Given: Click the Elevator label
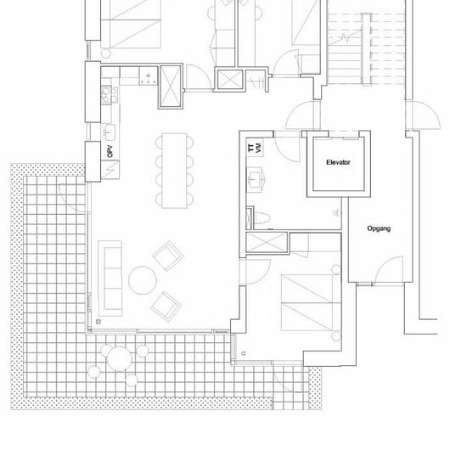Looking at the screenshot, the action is (338, 163).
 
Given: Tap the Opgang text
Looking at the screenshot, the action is (379, 228).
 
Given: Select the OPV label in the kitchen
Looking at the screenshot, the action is (110, 151).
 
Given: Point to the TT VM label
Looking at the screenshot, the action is (255, 148).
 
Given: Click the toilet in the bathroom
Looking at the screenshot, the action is (262, 217).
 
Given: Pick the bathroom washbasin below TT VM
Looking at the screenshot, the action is (254, 180).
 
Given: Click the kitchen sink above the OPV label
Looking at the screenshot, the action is (110, 132).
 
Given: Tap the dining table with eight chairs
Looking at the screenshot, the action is (175, 171).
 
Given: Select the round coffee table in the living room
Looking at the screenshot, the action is (143, 280).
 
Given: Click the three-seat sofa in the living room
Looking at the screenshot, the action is (110, 279).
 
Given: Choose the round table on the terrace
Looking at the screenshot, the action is (119, 358).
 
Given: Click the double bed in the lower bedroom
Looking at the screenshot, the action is (311, 302).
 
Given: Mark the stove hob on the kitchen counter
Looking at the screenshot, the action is (148, 76).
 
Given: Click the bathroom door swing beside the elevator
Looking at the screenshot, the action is (287, 147).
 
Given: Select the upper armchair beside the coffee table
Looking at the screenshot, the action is (168, 256).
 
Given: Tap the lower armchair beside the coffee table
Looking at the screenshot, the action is (166, 307).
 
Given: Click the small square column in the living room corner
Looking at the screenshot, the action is (98, 322).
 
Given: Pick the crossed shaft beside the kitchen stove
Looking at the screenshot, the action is (171, 86).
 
